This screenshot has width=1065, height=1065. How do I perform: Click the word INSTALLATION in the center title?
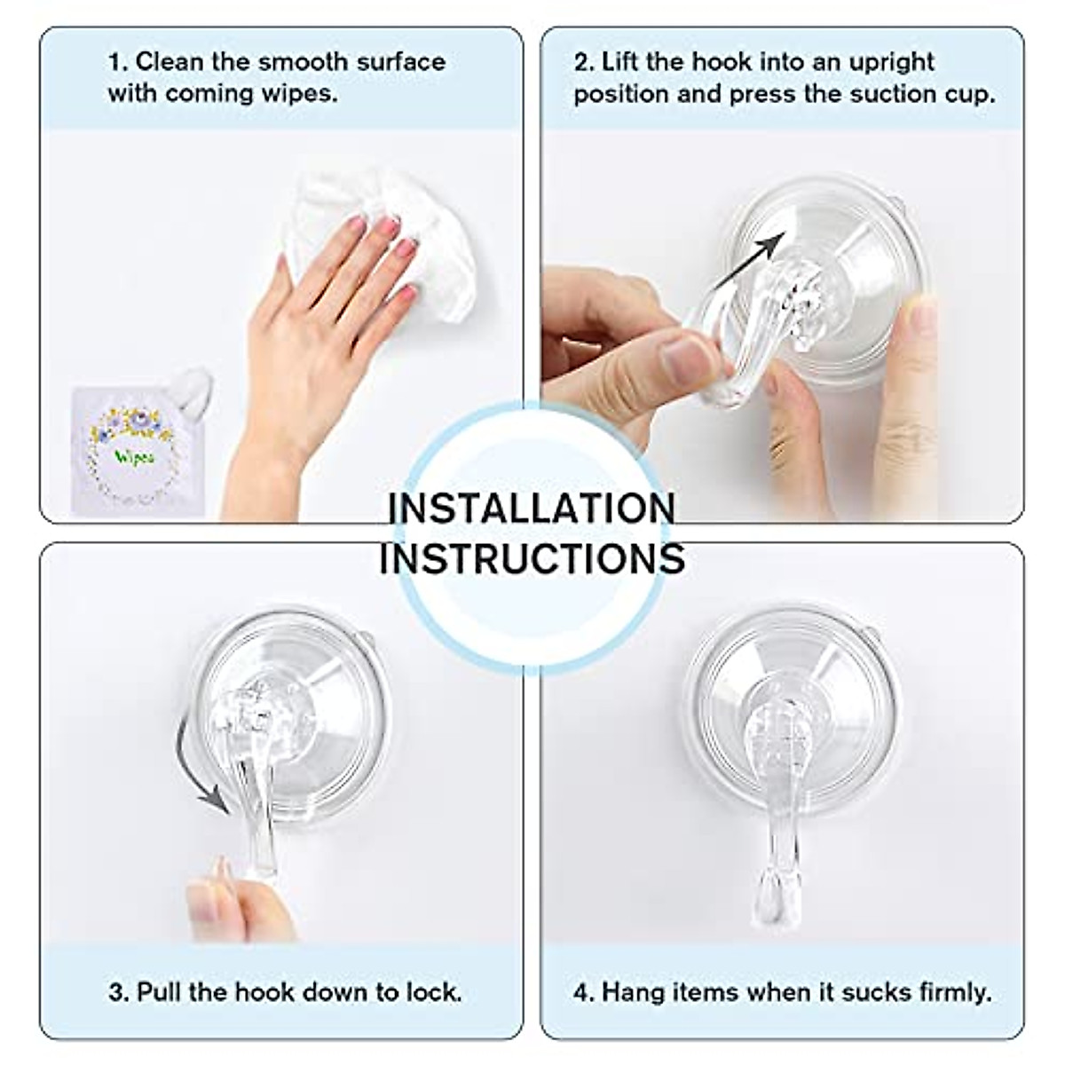(x=532, y=509)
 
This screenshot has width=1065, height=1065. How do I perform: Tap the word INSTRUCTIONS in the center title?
(x=532, y=558)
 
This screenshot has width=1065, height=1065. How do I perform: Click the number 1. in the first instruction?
(x=118, y=62)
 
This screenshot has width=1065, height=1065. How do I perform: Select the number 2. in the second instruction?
(x=583, y=62)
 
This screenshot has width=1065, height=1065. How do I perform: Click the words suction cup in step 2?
(x=927, y=94)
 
